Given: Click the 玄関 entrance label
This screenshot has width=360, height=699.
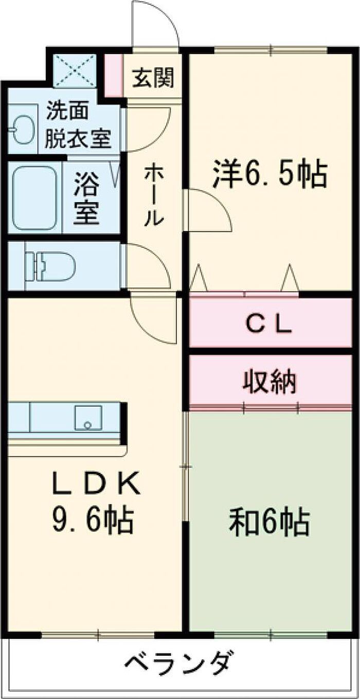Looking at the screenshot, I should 153,78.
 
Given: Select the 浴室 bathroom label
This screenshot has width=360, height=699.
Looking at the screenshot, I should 86,198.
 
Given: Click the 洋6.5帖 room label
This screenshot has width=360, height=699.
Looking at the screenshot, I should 269,174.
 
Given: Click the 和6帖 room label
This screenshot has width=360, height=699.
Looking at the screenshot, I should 269,522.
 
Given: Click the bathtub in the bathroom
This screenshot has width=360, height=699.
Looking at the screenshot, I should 34,198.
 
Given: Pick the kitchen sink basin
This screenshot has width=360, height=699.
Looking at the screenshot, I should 88,417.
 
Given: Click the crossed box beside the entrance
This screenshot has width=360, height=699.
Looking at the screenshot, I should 75,70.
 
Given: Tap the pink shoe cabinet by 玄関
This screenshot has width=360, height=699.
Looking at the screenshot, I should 113,75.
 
